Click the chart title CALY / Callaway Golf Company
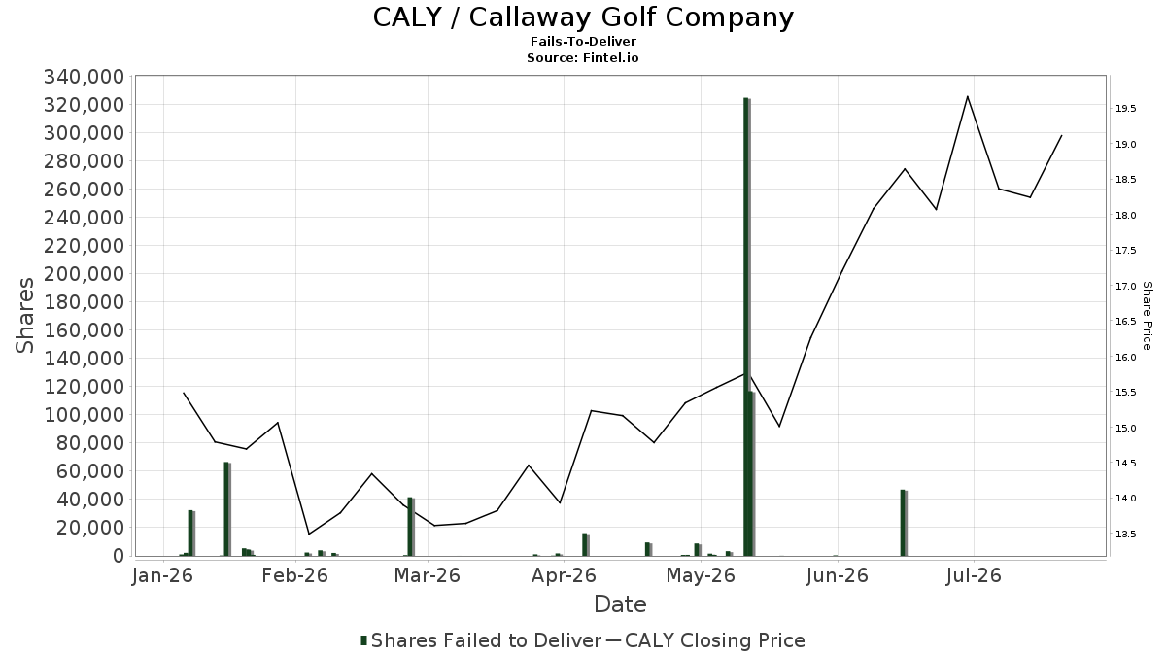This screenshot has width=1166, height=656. [x=583, y=17]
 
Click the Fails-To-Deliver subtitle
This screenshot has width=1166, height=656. [x=583, y=41]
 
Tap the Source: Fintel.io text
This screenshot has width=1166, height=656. [x=582, y=57]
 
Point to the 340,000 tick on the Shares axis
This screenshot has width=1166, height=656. [x=85, y=77]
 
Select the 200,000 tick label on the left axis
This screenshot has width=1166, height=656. [x=85, y=274]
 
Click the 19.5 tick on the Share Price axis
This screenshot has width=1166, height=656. [x=1125, y=109]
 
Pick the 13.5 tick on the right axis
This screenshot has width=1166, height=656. [x=1125, y=535]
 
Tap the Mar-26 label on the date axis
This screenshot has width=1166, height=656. [x=428, y=575]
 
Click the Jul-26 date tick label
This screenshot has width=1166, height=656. [x=974, y=575]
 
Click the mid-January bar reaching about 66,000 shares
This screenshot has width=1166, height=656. [x=227, y=508]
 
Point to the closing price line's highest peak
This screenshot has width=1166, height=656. [x=967, y=96]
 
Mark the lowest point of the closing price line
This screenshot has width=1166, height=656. [x=309, y=534]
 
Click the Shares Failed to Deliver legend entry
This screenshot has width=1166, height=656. [x=481, y=640]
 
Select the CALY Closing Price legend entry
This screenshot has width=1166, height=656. [x=705, y=640]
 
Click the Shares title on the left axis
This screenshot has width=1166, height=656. [x=24, y=316]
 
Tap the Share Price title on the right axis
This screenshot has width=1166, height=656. [x=1148, y=316]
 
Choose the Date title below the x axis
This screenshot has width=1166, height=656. [x=621, y=604]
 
